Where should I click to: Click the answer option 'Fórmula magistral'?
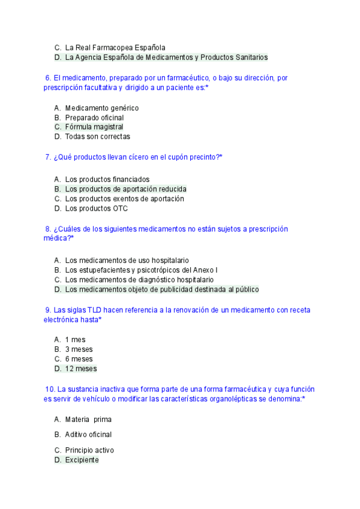pyautogui.click(x=94, y=127)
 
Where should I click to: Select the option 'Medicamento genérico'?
pyautogui.click(x=101, y=108)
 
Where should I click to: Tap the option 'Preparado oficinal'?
pyautogui.click(x=94, y=118)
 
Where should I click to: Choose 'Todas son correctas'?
pyautogui.click(x=97, y=137)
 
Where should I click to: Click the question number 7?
pyautogui.click(x=48, y=157)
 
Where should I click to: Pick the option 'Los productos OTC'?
pyautogui.click(x=96, y=209)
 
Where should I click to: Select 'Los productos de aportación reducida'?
pyautogui.click(x=125, y=189)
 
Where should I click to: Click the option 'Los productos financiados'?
pyautogui.click(x=107, y=179)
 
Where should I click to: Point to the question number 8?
pyautogui.click(x=48, y=229)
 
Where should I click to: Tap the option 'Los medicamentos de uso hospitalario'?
pyautogui.click(x=127, y=261)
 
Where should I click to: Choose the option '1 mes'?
pyautogui.click(x=75, y=340)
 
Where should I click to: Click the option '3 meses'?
pyautogui.click(x=79, y=349)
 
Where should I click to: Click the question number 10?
pyautogui.click(x=50, y=389)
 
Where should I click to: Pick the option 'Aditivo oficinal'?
pyautogui.click(x=88, y=435)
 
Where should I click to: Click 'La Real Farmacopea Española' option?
pyautogui.click(x=115, y=47)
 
